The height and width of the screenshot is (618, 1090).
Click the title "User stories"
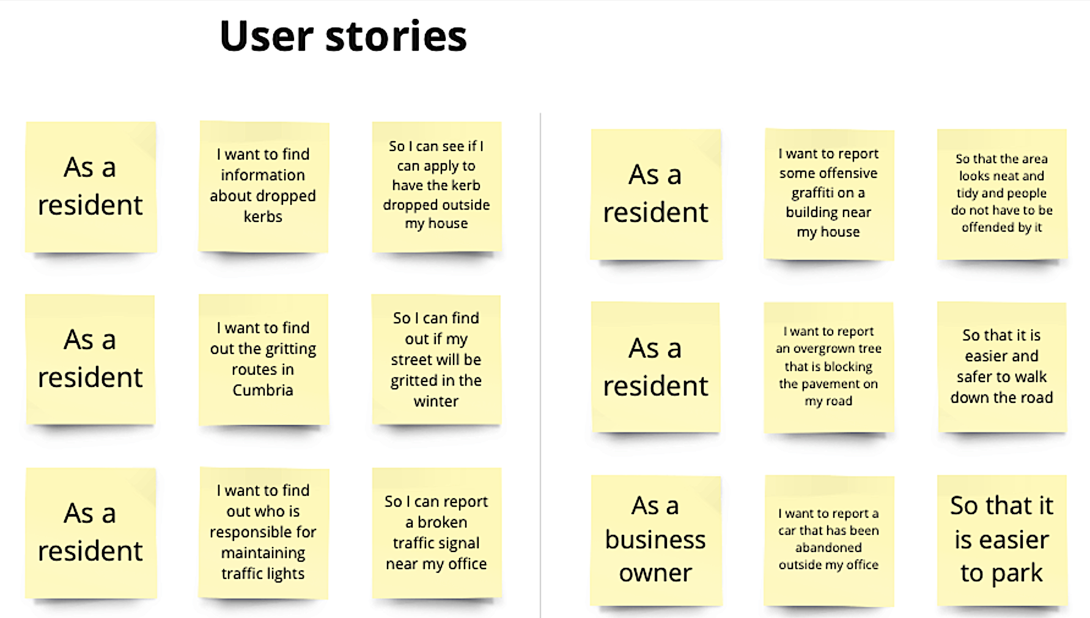click(343, 36)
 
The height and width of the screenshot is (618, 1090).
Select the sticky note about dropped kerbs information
click(263, 186)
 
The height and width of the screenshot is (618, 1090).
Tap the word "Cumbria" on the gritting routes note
click(263, 390)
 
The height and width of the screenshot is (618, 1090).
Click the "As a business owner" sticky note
click(655, 540)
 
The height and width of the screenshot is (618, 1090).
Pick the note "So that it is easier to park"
click(1001, 540)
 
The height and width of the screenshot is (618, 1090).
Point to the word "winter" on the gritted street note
click(436, 401)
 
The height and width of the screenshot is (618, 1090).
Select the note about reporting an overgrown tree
click(828, 367)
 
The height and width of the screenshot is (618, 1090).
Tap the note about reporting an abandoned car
click(828, 540)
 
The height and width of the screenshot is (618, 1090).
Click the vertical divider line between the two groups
click(540, 367)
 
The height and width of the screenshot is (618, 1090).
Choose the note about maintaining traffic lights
click(263, 532)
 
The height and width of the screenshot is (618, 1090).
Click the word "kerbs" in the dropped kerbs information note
click(263, 216)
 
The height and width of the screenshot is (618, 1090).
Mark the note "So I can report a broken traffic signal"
click(436, 532)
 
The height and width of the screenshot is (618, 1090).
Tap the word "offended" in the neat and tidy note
click(988, 227)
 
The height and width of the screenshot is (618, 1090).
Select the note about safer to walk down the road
click(1001, 367)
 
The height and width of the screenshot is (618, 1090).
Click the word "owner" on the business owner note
click(655, 573)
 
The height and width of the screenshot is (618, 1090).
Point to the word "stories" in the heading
click(396, 36)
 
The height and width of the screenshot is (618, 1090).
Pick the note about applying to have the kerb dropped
click(436, 186)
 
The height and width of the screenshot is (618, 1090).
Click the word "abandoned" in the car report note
click(828, 548)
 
